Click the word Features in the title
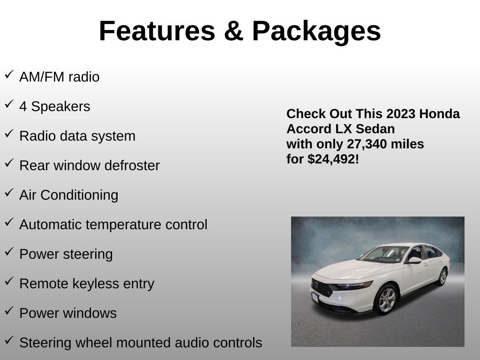click(157, 31)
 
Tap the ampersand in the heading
click(233, 31)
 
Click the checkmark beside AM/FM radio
click(9, 75)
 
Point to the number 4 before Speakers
click(23, 106)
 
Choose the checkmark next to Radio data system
click(9, 134)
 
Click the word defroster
click(132, 165)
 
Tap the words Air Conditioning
click(68, 195)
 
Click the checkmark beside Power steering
click(9, 252)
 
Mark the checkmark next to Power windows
click(9, 311)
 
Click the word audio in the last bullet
click(192, 343)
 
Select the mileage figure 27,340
click(367, 144)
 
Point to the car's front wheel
click(386, 300)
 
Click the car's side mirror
click(414, 260)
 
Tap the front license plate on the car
click(315, 297)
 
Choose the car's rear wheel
click(442, 277)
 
